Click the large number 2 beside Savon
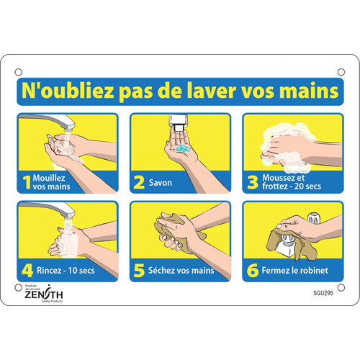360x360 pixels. (x=139, y=183)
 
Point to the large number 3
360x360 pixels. (x=252, y=183)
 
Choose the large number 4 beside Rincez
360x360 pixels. (x=27, y=271)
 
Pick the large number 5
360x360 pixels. (x=139, y=271)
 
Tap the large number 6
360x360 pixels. (x=252, y=271)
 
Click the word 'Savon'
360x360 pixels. (x=161, y=183)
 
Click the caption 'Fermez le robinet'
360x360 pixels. (x=295, y=271)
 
